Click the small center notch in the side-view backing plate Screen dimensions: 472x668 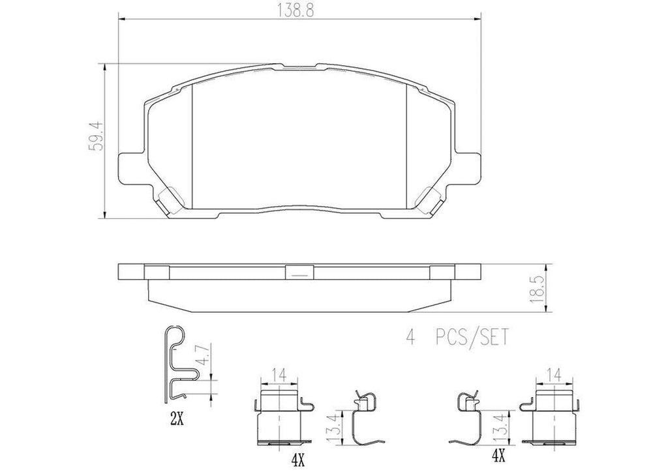click(299, 273)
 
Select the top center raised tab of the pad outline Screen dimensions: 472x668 click(299, 66)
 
